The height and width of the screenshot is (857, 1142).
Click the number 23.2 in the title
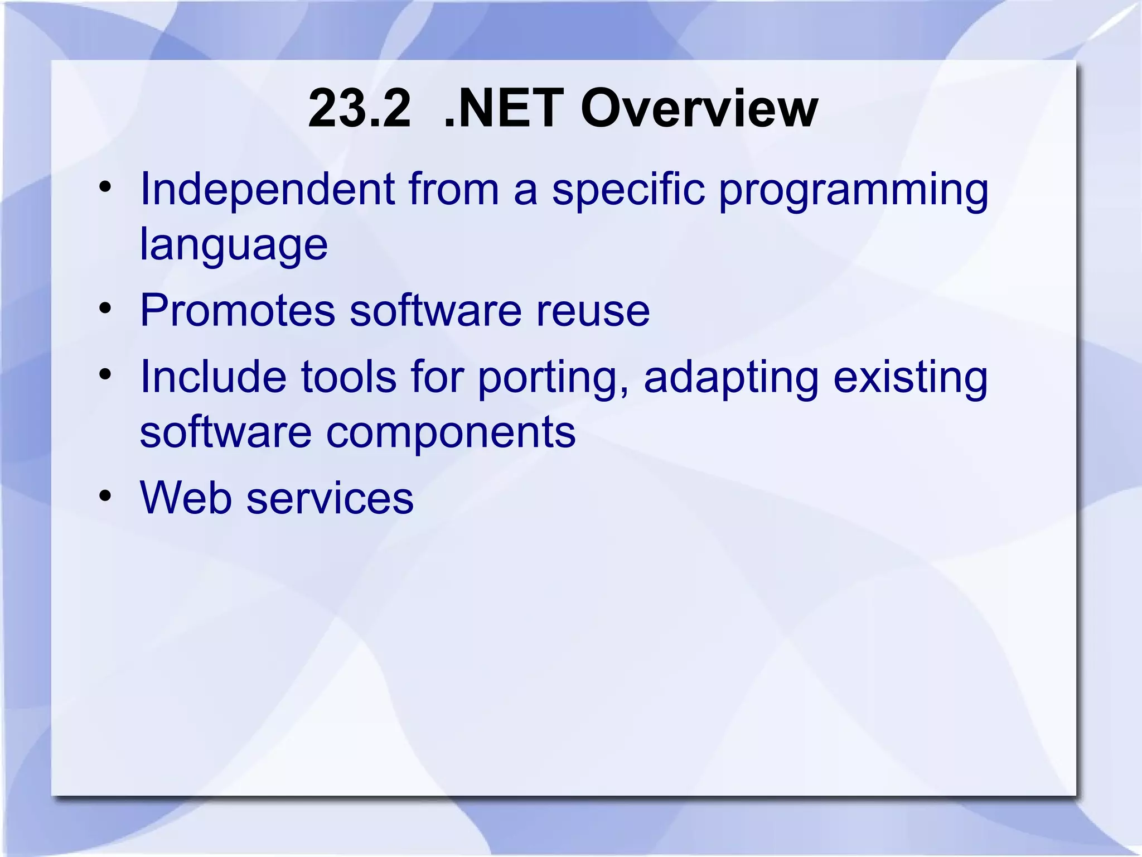[x=359, y=108]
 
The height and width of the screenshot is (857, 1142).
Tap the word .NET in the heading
[x=504, y=108]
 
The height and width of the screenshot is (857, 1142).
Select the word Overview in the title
[x=699, y=108]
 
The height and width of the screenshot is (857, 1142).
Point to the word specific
[x=628, y=190]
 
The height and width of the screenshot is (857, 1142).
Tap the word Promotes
[x=238, y=310]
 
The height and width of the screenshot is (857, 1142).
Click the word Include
[x=213, y=377]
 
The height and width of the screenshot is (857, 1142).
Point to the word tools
[x=349, y=377]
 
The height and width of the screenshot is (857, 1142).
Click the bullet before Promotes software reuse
[x=105, y=308]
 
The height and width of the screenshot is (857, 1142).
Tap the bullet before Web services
[x=105, y=495]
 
